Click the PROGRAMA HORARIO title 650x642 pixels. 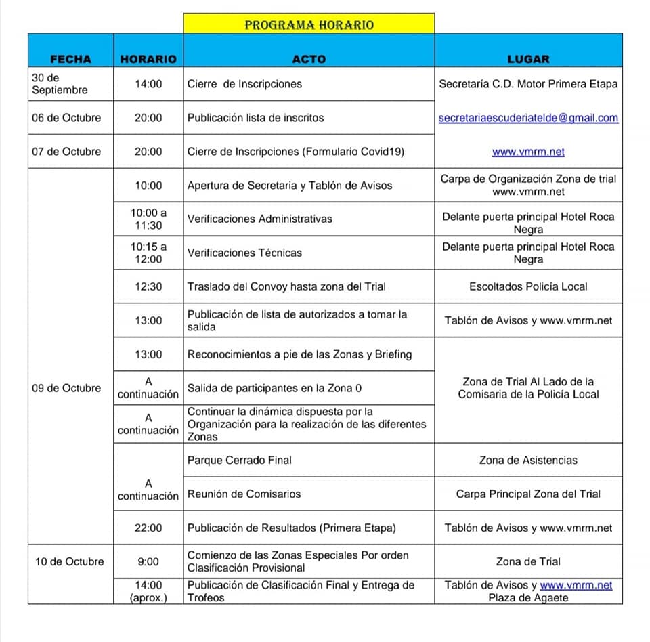point(309,25)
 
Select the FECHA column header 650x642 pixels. point(70,59)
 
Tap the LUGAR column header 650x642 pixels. point(528,59)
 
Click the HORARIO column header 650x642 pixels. point(148,59)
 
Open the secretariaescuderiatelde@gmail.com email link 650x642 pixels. point(528,118)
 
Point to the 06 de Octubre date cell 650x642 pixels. point(66,118)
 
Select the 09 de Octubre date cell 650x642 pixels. point(66,388)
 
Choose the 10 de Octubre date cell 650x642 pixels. point(70,561)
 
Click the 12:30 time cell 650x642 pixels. point(148,286)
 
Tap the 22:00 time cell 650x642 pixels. point(148,528)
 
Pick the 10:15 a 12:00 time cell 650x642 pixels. point(148,253)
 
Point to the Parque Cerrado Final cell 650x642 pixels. point(240,460)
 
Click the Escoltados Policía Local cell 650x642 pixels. point(528,286)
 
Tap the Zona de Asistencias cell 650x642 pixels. point(528,460)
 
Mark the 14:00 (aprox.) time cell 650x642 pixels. point(148,591)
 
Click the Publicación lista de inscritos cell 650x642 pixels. point(255,118)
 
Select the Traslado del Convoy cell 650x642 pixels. point(286,286)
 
